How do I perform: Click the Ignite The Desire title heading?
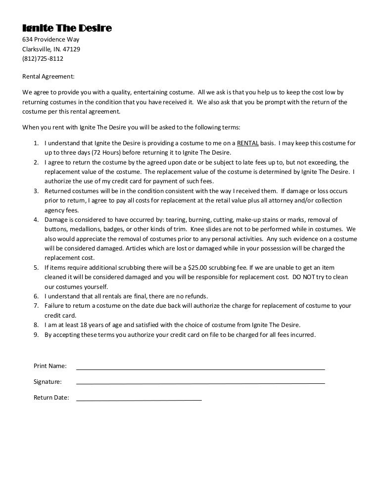coord(67,28)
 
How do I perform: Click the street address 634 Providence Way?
coord(51,40)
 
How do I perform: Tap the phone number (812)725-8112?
coord(43,59)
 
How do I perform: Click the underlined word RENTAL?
coord(248,144)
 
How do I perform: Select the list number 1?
coord(36,144)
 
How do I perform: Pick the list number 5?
coord(36,267)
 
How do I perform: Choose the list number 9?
coord(36,334)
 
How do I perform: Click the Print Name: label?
coord(50,366)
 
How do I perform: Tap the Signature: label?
coord(47,382)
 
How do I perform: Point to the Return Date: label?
coord(51,398)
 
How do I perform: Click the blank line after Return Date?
coord(139,399)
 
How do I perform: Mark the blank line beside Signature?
coord(200,383)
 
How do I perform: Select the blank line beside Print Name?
coord(200,368)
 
